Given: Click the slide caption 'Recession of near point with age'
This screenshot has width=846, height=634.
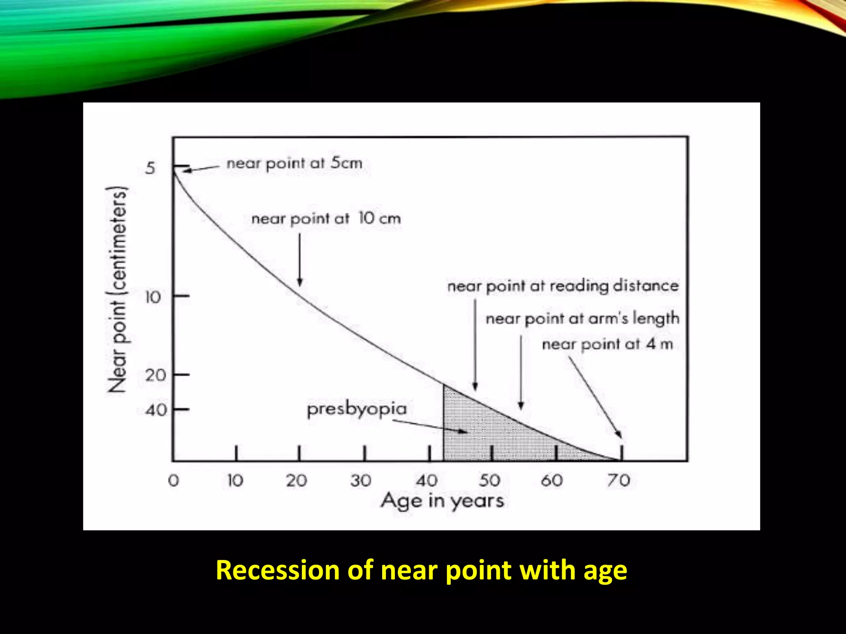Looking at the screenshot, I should coord(421,570).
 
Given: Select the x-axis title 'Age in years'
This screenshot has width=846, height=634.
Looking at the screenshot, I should coord(442,501).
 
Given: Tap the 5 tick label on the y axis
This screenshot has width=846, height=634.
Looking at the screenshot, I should coord(150,168).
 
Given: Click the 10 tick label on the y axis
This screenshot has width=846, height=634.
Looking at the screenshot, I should coord(153,297).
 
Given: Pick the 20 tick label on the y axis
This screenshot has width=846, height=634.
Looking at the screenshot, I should coord(156,375).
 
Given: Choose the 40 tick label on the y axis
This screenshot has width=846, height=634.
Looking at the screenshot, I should coord(156,410).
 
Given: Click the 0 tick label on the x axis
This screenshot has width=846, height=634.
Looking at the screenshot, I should coord(173,480).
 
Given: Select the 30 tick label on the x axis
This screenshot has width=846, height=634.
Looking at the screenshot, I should coord(361,480).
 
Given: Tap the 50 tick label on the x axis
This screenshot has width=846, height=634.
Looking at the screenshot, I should coord(490,480).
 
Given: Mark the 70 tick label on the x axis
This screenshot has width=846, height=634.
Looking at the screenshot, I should coord(618,480).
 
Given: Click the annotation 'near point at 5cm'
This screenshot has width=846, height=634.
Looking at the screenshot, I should coord(295,163).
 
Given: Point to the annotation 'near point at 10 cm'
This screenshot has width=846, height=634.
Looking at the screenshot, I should coord(326,218).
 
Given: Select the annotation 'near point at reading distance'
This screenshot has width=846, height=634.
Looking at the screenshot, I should coord(563,286).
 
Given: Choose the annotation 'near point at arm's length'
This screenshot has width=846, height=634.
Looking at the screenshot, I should coord(582,319).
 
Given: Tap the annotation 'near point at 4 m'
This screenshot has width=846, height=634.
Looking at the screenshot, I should coord(607,344).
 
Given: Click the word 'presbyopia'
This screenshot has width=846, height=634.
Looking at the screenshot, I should coord(357,409).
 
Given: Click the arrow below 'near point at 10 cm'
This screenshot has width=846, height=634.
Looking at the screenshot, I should coord(300,260).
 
